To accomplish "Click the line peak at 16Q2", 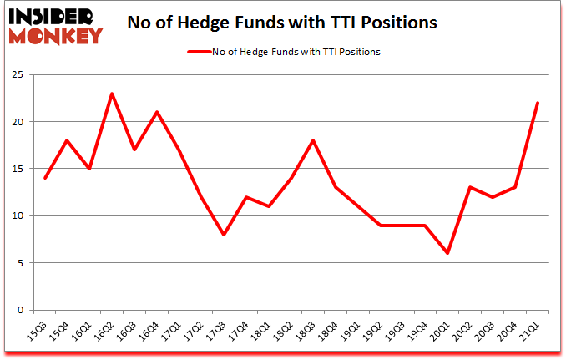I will tap(111, 94).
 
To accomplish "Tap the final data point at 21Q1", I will tap(538, 103).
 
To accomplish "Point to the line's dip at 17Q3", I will tap(225, 235).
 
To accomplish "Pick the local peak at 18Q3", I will tap(312, 140).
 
